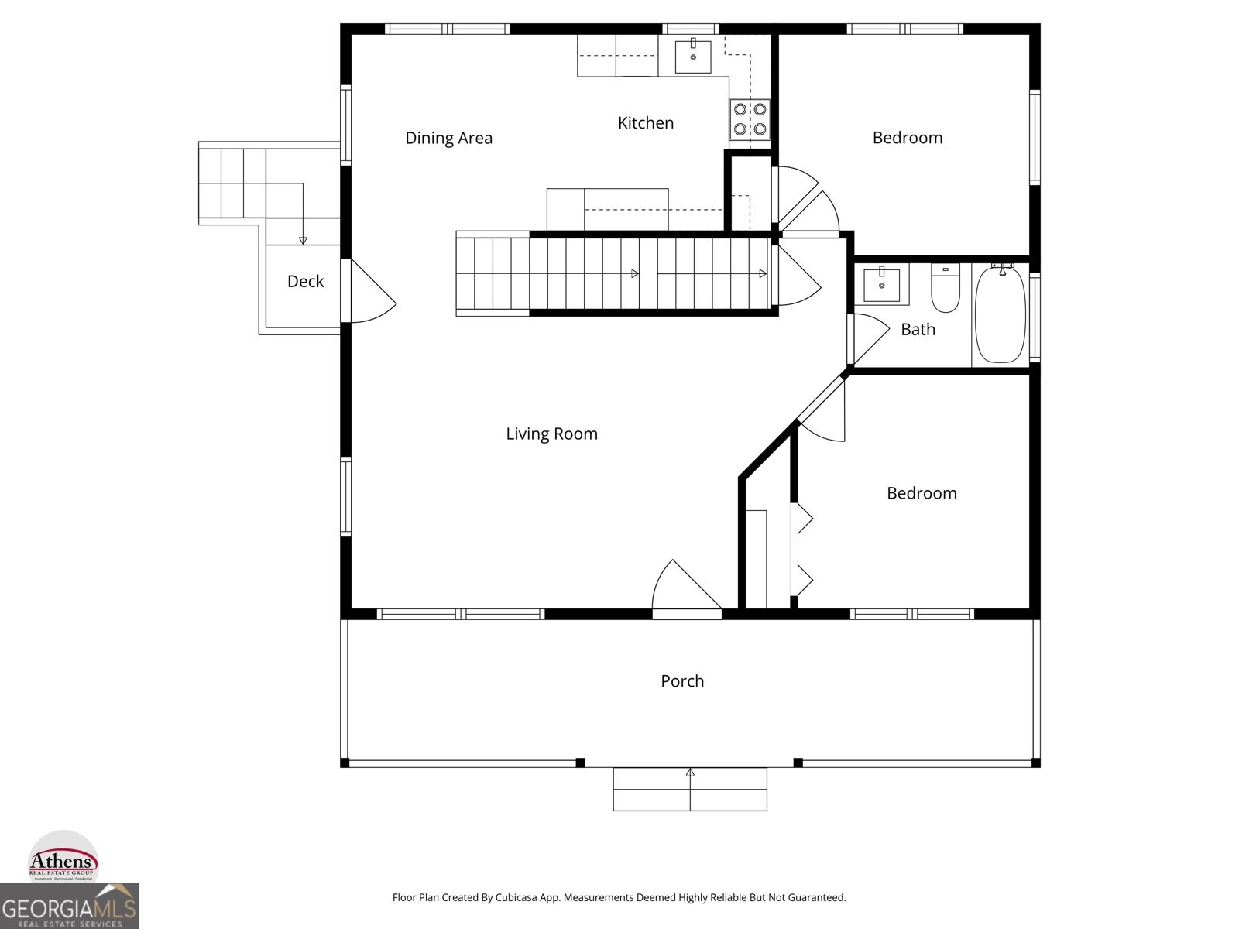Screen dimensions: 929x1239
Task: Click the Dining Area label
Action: coord(448,138)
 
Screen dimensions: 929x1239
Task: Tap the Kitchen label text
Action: coord(645,122)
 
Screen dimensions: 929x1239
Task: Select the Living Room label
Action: coord(551,434)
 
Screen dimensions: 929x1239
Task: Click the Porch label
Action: coord(682,681)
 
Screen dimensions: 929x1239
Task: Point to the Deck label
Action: coord(305,281)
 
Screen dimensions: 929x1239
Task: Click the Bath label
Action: coord(918,329)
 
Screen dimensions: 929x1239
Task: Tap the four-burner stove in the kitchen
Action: coord(750,119)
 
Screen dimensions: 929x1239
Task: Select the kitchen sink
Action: coord(693,56)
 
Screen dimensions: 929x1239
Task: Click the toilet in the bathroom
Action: coord(945,289)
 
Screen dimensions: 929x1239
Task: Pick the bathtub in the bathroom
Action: coord(1000,314)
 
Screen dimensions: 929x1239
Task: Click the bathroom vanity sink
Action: coord(881,285)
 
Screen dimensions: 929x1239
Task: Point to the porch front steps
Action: coord(690,789)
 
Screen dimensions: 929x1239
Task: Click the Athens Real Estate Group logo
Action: coord(63,859)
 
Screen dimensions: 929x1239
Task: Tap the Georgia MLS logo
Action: coord(69,907)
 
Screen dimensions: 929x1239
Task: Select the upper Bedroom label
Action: coord(907,138)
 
